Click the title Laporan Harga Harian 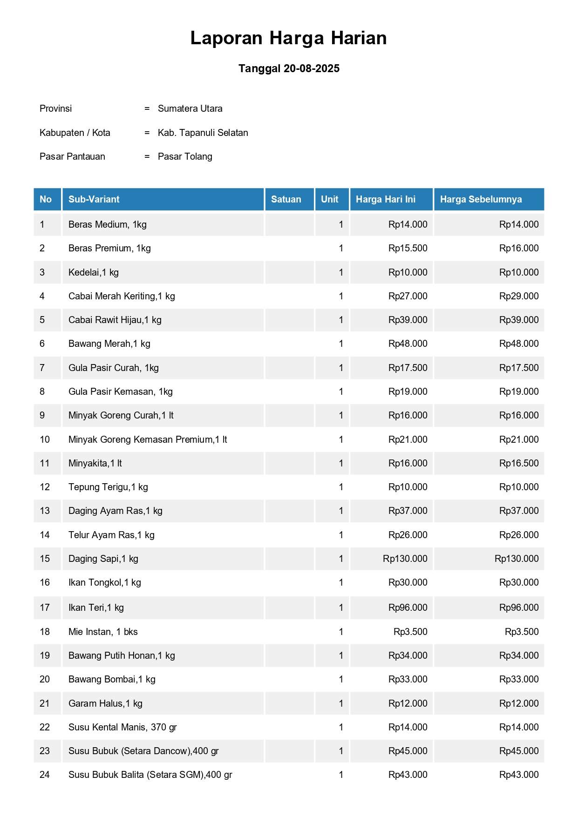pyautogui.click(x=288, y=38)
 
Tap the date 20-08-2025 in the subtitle pyautogui.click(x=311, y=68)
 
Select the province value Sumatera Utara pyautogui.click(x=190, y=108)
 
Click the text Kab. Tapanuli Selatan pyautogui.click(x=203, y=133)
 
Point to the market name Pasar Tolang pyautogui.click(x=185, y=156)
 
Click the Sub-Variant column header pyautogui.click(x=94, y=199)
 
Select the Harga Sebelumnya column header pyautogui.click(x=481, y=199)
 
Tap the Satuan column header pyautogui.click(x=286, y=199)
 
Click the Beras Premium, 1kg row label pyautogui.click(x=109, y=248)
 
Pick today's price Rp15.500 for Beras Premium pyautogui.click(x=408, y=248)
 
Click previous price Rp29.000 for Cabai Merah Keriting pyautogui.click(x=518, y=296)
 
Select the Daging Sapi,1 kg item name pyautogui.click(x=103, y=559)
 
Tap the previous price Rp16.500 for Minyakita pyautogui.click(x=518, y=463)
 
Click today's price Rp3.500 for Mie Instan pyautogui.click(x=410, y=632)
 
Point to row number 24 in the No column pyautogui.click(x=45, y=775)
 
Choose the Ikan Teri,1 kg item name pyautogui.click(x=96, y=608)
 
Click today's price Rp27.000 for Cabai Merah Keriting pyautogui.click(x=408, y=296)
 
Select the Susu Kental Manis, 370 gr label pyautogui.click(x=122, y=727)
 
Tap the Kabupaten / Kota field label pyautogui.click(x=75, y=133)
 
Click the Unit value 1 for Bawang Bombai pyautogui.click(x=341, y=679)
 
